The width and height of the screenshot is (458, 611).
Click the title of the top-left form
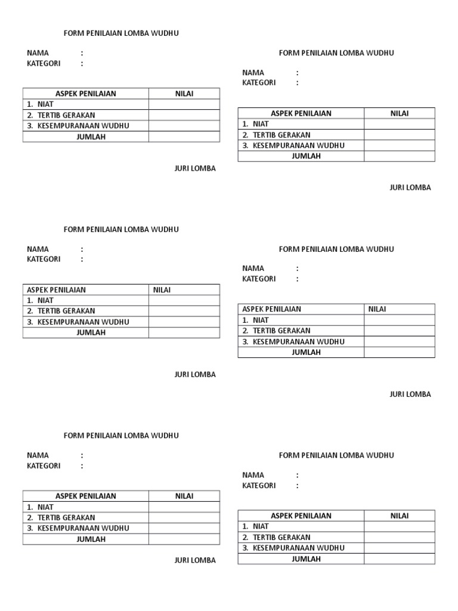pyautogui.click(x=121, y=33)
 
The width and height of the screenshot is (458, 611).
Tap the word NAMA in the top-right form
pyautogui.click(x=253, y=73)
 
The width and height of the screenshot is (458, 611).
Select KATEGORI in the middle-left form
pyautogui.click(x=44, y=260)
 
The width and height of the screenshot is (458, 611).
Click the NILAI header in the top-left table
pyautogui.click(x=184, y=94)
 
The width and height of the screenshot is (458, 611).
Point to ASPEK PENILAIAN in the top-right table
pyautogui.click(x=301, y=113)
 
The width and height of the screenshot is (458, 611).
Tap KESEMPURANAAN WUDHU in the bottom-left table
pyautogui.click(x=83, y=528)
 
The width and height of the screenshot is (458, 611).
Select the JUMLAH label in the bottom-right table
pyautogui.click(x=306, y=559)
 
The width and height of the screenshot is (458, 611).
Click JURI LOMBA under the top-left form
pyautogui.click(x=195, y=169)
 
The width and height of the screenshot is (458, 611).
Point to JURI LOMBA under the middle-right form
pyautogui.click(x=410, y=394)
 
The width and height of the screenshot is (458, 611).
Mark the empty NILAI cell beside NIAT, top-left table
pyautogui.click(x=184, y=104)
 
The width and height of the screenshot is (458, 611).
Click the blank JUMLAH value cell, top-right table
pyautogui.click(x=399, y=156)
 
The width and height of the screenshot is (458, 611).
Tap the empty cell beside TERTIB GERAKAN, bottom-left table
pyautogui.click(x=184, y=518)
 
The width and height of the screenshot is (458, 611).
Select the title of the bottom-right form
pyautogui.click(x=336, y=455)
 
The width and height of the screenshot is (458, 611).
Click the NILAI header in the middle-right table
pyautogui.click(x=377, y=309)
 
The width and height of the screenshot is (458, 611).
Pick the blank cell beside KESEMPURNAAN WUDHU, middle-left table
pyautogui.click(x=184, y=322)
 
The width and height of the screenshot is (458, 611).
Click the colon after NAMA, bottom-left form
pyautogui.click(x=82, y=455)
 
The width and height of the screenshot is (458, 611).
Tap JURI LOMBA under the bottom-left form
pyautogui.click(x=195, y=560)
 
